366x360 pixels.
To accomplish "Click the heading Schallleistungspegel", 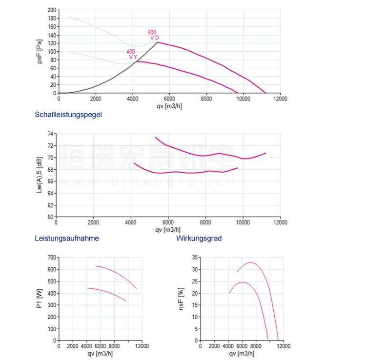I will click(x=68, y=115).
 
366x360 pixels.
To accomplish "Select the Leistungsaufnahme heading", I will click(x=67, y=239).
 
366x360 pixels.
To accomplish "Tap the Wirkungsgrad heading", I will click(x=199, y=239).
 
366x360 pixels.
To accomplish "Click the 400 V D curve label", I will click(x=153, y=35).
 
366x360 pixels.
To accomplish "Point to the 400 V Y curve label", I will click(x=132, y=54).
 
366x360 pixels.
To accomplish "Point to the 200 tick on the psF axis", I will click(x=50, y=10).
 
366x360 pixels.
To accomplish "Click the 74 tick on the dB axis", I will click(x=50, y=134).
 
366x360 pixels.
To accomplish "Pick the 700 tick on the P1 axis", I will click(x=50, y=257).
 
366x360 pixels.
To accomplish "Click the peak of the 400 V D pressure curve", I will click(x=157, y=42).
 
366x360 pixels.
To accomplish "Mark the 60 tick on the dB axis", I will click(x=50, y=217).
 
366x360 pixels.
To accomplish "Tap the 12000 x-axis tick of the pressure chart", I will click(x=280, y=99).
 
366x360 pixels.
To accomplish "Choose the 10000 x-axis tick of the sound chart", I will click(x=243, y=222).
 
